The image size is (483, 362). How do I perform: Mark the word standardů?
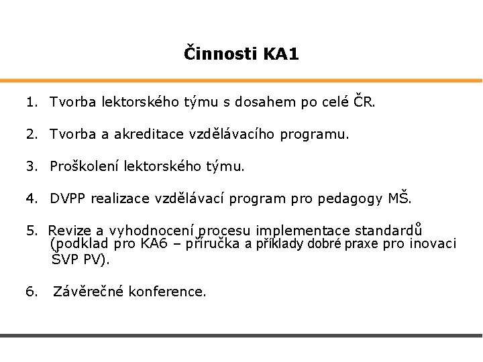coord(394,231)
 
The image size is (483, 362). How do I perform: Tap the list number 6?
coord(31,292)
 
